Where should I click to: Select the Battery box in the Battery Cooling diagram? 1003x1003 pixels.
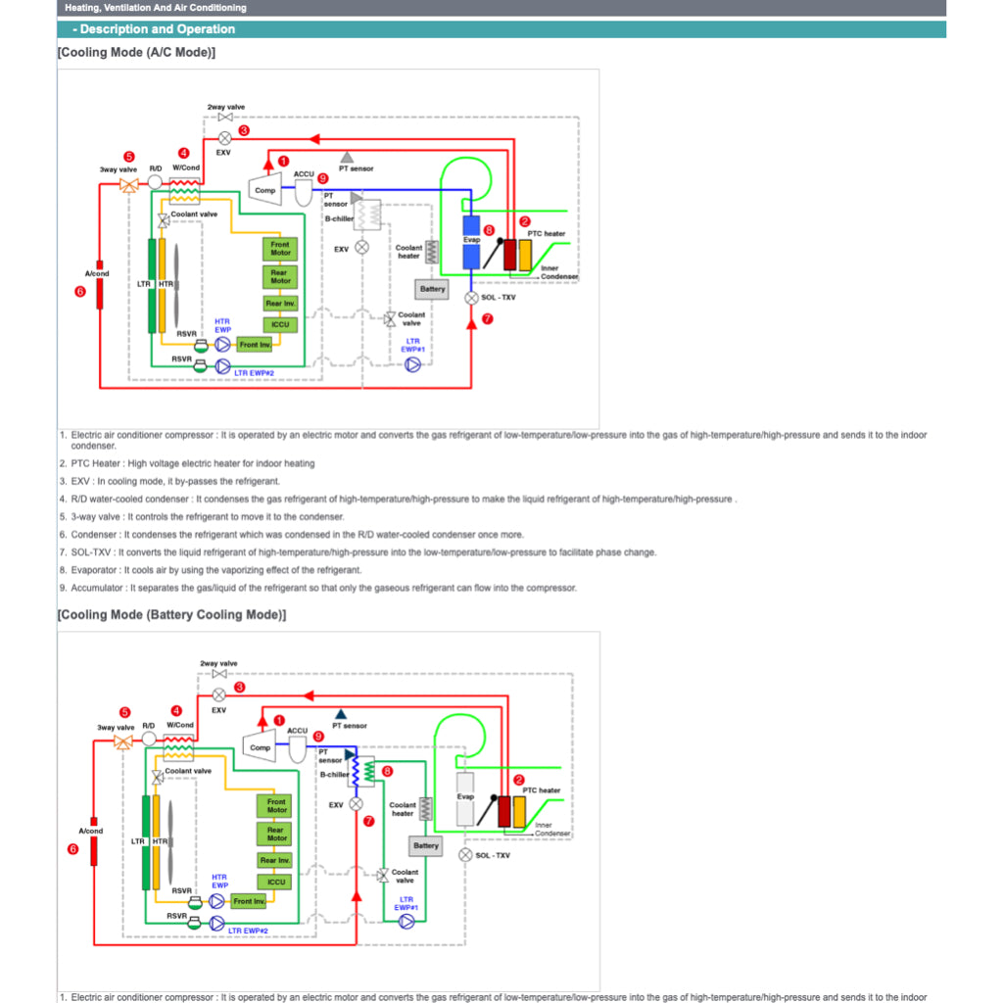click(x=426, y=845)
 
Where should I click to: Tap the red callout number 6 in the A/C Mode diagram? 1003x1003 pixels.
click(x=80, y=291)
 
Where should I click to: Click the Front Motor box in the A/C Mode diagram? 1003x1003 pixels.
click(x=280, y=249)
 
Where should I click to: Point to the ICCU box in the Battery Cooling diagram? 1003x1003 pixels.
click(x=277, y=882)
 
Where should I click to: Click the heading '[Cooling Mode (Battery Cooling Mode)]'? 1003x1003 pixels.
click(x=171, y=615)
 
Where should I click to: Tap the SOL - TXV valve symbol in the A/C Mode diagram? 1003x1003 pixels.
click(x=471, y=297)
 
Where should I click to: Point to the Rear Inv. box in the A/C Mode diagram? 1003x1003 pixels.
click(x=280, y=304)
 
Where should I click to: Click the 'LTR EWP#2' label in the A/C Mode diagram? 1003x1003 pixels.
click(x=254, y=372)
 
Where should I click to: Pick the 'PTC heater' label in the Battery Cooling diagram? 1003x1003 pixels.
click(x=542, y=790)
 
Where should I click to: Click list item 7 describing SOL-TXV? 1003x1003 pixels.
click(x=358, y=552)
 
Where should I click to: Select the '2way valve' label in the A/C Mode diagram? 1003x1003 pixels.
click(x=225, y=106)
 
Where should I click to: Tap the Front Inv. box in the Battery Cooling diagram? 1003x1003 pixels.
click(x=249, y=901)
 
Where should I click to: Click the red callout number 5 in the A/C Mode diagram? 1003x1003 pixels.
click(x=128, y=156)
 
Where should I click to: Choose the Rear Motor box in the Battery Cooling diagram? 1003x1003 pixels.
click(x=277, y=834)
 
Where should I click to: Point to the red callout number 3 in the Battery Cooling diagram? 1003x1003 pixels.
click(x=239, y=687)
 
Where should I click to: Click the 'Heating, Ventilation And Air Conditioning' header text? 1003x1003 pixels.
click(x=155, y=8)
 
